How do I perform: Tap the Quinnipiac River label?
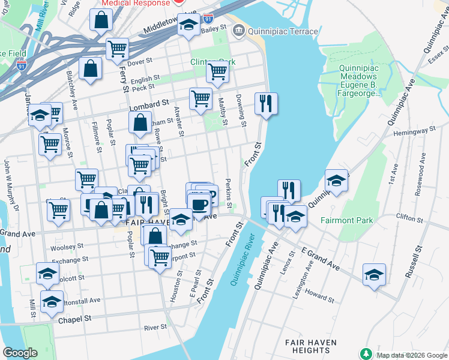(243, 262)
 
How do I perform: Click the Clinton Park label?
(213, 62)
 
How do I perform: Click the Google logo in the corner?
(20, 353)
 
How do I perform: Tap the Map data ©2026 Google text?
(411, 355)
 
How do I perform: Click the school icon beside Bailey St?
(188, 25)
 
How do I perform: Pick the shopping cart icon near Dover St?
(117, 49)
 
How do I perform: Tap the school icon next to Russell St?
(374, 275)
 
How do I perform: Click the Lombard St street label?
(147, 102)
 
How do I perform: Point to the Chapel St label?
(74, 319)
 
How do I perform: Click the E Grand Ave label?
(320, 257)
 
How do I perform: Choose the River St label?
(155, 328)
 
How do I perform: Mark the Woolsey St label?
(67, 247)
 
